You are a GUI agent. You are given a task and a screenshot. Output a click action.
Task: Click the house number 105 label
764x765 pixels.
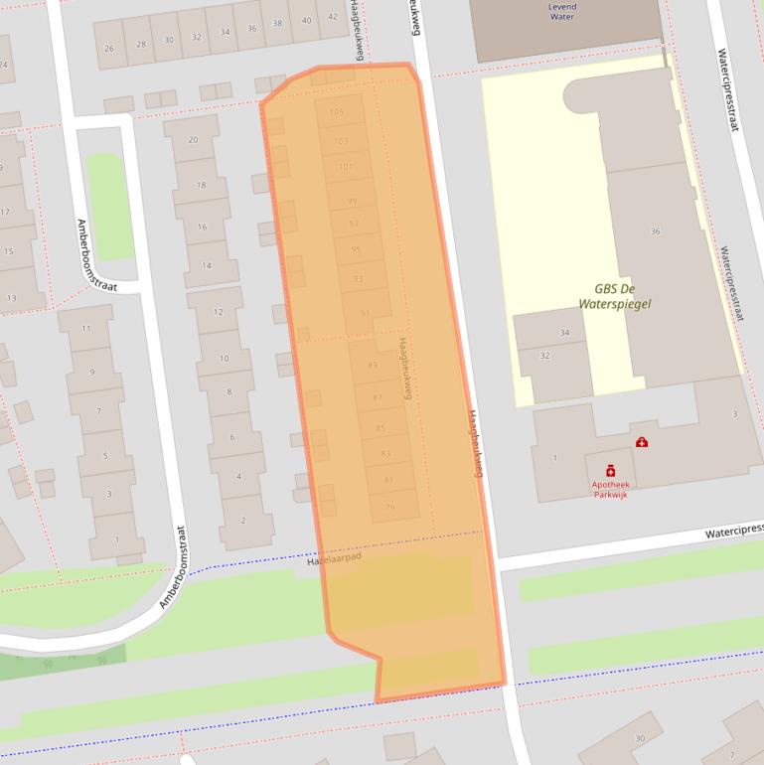pyautogui.click(x=336, y=112)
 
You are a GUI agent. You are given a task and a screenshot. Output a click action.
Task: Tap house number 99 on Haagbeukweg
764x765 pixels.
pyautogui.click(x=352, y=202)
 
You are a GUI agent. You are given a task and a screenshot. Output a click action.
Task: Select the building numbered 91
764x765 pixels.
pyautogui.click(x=365, y=313)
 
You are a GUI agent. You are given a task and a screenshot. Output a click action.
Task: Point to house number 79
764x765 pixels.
pyautogui.click(x=390, y=508)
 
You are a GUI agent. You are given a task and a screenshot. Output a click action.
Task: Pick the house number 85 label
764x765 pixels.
pyautogui.click(x=381, y=428)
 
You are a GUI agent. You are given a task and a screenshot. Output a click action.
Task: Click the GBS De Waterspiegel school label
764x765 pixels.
pyautogui.click(x=615, y=296)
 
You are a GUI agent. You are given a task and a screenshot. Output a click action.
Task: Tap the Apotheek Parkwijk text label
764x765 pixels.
pyautogui.click(x=610, y=488)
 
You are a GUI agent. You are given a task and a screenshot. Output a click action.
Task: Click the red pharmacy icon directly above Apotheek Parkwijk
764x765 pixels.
pyautogui.click(x=610, y=471)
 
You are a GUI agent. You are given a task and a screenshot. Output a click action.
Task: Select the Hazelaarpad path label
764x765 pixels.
pyautogui.click(x=334, y=560)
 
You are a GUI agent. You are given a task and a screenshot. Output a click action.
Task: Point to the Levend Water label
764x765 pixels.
pyautogui.click(x=562, y=12)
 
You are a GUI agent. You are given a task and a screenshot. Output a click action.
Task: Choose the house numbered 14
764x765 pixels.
pyautogui.click(x=207, y=266)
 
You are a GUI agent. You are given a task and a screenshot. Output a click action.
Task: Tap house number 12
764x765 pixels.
pyautogui.click(x=219, y=314)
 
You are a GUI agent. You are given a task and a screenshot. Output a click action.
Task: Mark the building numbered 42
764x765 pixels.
pyautogui.click(x=333, y=20)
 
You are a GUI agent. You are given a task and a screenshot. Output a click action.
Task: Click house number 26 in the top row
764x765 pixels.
pyautogui.click(x=108, y=48)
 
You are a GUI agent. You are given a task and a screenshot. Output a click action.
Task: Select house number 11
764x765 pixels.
pyautogui.click(x=85, y=329)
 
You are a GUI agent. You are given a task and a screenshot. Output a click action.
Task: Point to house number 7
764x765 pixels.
pyautogui.click(x=98, y=411)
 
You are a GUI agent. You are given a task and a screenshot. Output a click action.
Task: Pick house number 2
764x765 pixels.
pyautogui.click(x=243, y=521)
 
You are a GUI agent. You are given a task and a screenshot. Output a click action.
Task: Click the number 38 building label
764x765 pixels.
pyautogui.click(x=277, y=25)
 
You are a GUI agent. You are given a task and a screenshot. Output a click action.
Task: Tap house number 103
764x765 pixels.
pyautogui.click(x=341, y=141)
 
